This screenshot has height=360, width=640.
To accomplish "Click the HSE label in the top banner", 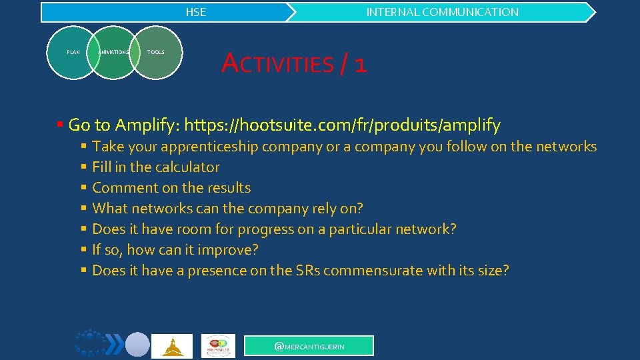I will [x=195, y=12].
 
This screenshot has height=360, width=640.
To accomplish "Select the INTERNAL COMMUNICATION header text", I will [x=442, y=12].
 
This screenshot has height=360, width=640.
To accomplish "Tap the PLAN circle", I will [x=73, y=52].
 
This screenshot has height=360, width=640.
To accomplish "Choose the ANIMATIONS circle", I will [x=113, y=52].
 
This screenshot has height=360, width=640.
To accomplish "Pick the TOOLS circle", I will [x=156, y=52].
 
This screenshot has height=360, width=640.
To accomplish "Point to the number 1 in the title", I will [x=361, y=65].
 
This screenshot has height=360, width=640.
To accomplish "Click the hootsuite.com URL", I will [x=342, y=125].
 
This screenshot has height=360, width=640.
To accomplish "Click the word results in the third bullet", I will [x=229, y=188].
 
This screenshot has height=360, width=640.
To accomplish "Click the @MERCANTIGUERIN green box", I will [x=309, y=346].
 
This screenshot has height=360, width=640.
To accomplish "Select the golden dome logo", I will [x=172, y=346].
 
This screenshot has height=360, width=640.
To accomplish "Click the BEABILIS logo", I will [x=218, y=346].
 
